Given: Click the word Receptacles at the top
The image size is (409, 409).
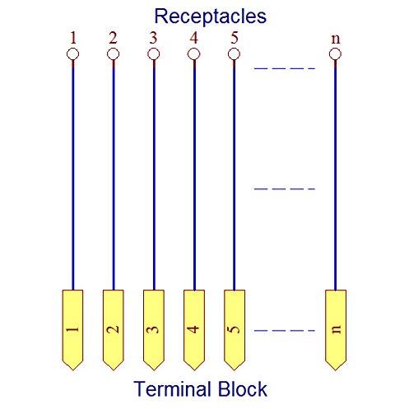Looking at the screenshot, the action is (x=211, y=16).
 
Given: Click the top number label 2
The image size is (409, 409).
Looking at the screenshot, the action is (x=113, y=38).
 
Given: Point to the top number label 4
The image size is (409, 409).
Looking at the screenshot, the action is (x=194, y=38).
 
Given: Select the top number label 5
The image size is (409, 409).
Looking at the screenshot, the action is (x=234, y=38).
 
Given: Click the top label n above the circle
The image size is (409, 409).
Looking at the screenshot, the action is (x=336, y=40).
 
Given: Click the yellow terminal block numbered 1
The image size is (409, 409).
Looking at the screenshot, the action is (x=72, y=330).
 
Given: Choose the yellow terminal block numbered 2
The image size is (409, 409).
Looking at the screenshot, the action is (x=114, y=330).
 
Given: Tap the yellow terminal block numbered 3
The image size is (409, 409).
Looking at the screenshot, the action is (x=154, y=330).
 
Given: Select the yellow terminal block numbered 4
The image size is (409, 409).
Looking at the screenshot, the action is (x=194, y=330).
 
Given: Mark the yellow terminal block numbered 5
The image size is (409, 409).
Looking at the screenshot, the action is (x=235, y=330).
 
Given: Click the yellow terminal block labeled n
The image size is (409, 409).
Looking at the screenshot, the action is (x=336, y=330).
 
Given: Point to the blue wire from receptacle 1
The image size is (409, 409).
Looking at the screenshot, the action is (x=73, y=175).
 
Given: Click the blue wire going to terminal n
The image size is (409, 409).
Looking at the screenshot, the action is (x=335, y=175).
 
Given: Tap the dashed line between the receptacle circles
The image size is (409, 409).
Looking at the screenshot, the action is (x=285, y=68).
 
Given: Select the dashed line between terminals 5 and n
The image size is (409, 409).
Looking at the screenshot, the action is (x=285, y=331).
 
